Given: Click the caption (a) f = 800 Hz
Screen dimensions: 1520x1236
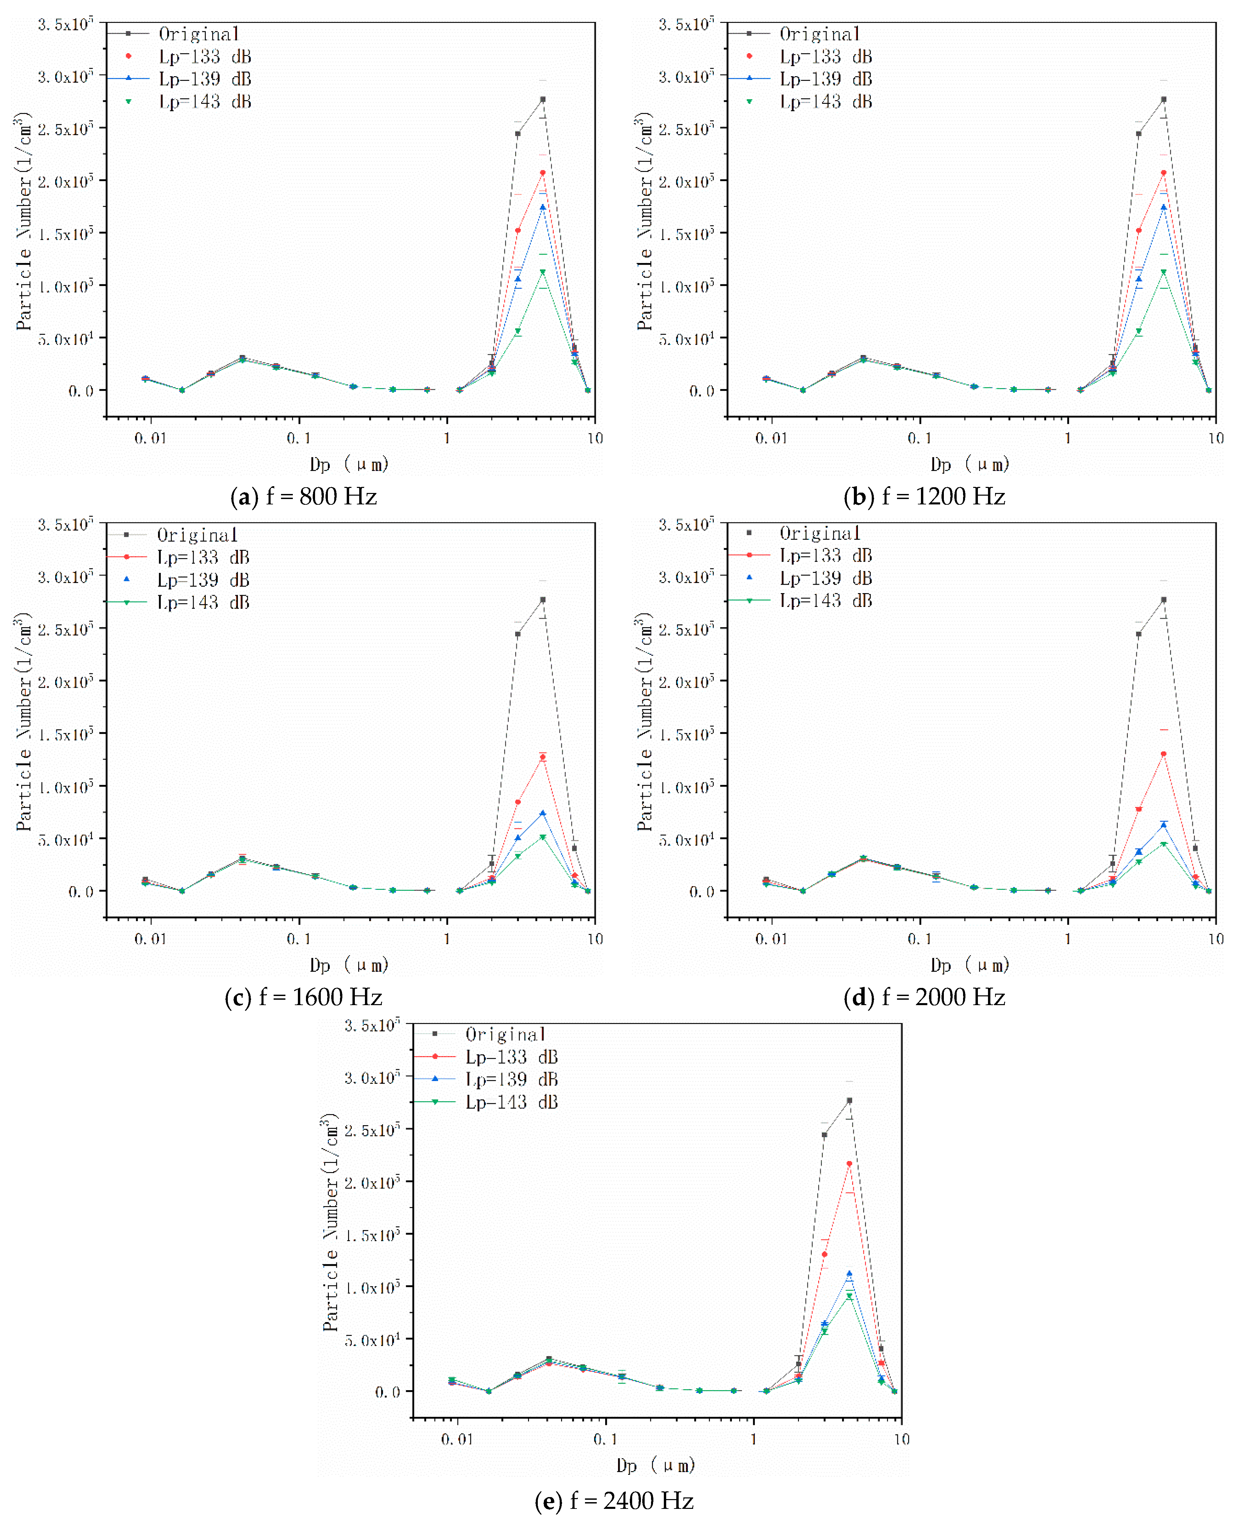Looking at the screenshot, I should [x=304, y=496].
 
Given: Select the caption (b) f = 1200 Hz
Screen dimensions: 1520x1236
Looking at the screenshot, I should [x=924, y=496].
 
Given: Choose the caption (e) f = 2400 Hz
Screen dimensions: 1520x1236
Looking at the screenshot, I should [x=614, y=1500].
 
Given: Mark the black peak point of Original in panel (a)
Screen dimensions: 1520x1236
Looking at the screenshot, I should [x=543, y=100].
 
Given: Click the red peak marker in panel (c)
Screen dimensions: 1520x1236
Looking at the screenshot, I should [x=543, y=757].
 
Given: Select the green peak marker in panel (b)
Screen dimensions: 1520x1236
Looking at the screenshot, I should [x=1163, y=272].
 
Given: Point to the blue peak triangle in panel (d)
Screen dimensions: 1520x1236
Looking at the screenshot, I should [x=1163, y=825].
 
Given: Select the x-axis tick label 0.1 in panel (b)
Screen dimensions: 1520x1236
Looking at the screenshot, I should [x=919, y=438].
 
